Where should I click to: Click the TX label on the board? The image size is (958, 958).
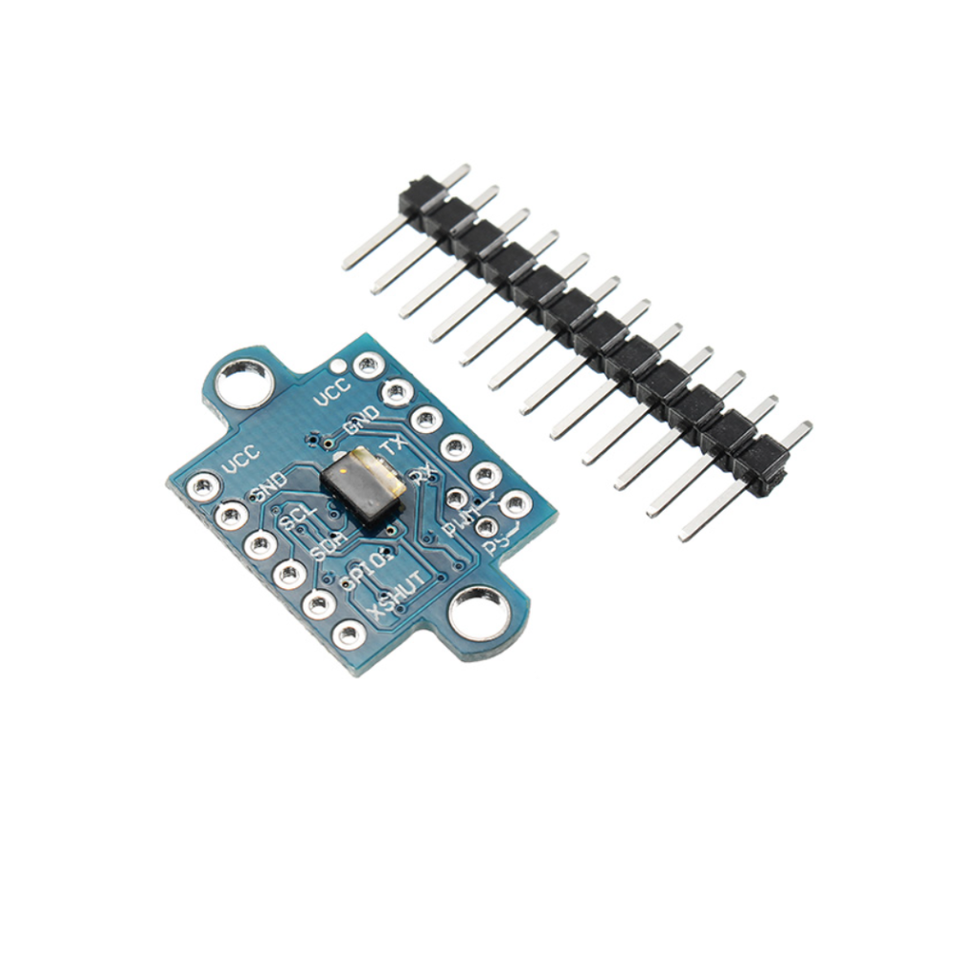pos(391,446)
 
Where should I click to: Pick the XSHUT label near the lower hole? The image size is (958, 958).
pos(396,595)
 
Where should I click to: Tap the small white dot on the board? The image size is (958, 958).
pos(336,365)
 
